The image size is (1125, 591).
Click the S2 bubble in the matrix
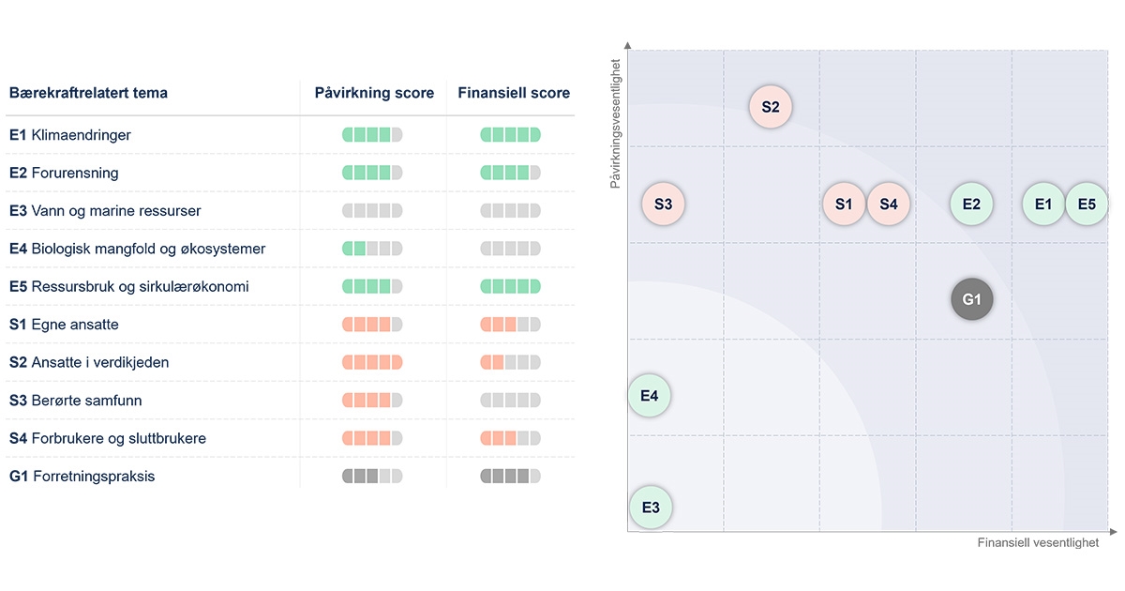771,107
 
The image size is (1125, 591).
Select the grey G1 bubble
971,300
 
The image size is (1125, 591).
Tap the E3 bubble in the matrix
651,508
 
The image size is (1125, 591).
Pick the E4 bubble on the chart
650,396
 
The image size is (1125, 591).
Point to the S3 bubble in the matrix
664,204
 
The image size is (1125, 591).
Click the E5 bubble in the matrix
1087,204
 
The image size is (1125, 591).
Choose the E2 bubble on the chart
971,204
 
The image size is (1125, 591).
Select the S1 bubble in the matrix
844,204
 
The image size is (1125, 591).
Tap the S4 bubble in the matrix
889,204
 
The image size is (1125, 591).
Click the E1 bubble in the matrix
1043,204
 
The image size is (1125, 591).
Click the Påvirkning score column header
374,93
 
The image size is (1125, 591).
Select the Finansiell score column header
514,93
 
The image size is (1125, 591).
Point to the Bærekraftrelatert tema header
88,93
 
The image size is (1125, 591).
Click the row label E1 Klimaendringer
70,135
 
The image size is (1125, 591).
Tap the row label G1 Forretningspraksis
82,477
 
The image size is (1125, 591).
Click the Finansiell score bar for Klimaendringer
511,135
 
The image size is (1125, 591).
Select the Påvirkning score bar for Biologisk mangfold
372,249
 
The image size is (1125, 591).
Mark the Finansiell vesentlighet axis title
1038,543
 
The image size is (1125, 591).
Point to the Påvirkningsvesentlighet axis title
616,124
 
